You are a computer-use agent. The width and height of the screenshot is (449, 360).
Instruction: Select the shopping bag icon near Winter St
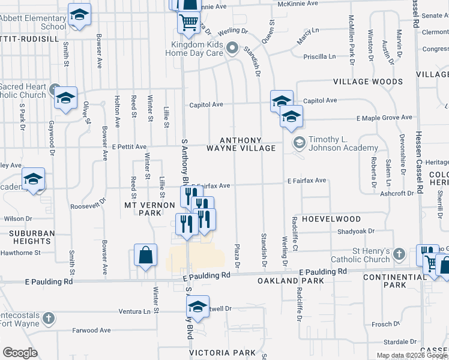(x=146, y=256)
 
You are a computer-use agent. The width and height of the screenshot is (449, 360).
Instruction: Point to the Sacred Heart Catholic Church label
(x=23, y=91)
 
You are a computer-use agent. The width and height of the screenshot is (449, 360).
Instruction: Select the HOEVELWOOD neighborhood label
(x=331, y=219)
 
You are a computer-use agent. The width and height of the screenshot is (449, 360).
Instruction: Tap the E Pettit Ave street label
(x=128, y=146)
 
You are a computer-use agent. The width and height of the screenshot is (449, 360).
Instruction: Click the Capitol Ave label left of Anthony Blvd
(x=206, y=104)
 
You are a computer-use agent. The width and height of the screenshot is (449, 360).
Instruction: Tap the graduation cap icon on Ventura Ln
(x=197, y=307)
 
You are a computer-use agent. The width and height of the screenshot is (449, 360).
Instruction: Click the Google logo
(x=20, y=353)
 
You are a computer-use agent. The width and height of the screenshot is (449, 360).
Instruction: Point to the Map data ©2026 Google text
(x=411, y=355)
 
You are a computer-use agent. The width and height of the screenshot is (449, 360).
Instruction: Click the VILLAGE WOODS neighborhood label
(x=368, y=82)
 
